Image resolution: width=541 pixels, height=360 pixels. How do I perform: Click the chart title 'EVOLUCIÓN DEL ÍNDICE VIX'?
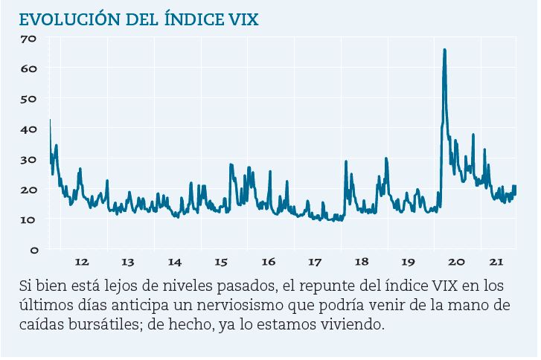139,19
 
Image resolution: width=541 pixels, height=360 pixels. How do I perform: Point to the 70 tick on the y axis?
29,39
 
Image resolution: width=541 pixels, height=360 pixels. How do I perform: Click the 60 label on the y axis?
29,68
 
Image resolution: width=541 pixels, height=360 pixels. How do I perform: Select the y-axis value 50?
29,99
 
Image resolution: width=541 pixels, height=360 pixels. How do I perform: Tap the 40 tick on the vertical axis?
29,129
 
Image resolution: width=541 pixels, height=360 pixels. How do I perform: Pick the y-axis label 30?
29,160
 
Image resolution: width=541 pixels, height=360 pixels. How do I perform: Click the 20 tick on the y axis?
29,190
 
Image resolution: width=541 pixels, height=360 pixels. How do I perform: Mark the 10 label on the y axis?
29,220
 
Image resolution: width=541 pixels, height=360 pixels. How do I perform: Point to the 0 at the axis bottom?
33,251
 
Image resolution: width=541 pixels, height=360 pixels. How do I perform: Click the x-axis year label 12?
82,262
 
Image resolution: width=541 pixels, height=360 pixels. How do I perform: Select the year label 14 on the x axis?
175,262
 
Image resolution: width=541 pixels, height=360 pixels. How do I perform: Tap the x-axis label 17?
315,262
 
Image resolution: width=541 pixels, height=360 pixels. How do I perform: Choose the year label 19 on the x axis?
408,262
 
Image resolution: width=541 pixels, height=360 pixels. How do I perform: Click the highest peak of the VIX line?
444,50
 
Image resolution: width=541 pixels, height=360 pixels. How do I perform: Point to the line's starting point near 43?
50,120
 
